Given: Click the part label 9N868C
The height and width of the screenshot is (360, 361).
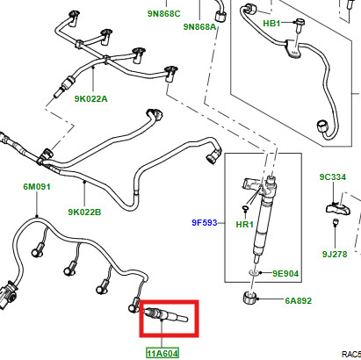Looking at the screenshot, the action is pyautogui.click(x=163, y=14).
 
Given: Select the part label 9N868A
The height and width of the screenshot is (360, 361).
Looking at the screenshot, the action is pyautogui.click(x=199, y=26).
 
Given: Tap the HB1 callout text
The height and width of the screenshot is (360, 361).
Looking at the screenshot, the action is pyautogui.click(x=271, y=23).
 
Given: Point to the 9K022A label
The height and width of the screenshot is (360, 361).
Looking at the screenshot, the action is pyautogui.click(x=90, y=98).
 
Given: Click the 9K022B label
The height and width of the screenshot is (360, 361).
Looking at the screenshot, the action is pyautogui.click(x=84, y=212).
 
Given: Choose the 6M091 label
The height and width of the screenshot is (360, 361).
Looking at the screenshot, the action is pyautogui.click(x=37, y=186).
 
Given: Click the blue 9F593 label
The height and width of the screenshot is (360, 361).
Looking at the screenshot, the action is pyautogui.click(x=205, y=223).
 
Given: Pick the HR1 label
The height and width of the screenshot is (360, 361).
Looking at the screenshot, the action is pyautogui.click(x=244, y=224).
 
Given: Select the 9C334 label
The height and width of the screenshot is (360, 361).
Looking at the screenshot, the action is pyautogui.click(x=332, y=176).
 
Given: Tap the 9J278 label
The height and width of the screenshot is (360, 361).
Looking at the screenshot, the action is pyautogui.click(x=335, y=254).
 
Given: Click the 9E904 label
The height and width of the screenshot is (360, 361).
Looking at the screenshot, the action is pyautogui.click(x=285, y=273).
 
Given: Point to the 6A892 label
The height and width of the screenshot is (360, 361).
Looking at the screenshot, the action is pyautogui.click(x=299, y=300).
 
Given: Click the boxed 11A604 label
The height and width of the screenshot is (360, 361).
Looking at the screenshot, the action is pyautogui.click(x=162, y=354).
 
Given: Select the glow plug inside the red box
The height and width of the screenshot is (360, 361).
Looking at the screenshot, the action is pyautogui.click(x=166, y=315).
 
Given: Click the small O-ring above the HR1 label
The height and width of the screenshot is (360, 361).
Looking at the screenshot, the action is pyautogui.click(x=245, y=208).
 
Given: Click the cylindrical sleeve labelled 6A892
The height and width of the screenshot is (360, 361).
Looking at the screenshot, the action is pyautogui.click(x=250, y=298).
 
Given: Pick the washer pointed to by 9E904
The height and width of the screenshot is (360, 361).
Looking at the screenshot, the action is pyautogui.click(x=254, y=273).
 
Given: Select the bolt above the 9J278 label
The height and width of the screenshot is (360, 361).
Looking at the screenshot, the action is pyautogui.click(x=336, y=223).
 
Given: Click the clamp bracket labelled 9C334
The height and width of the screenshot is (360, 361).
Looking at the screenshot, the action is pyautogui.click(x=338, y=208).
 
